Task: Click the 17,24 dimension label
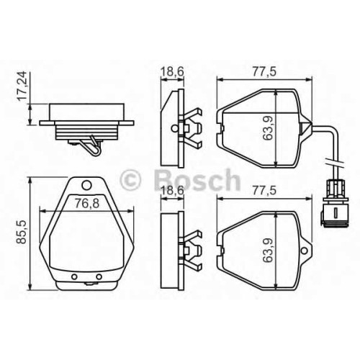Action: [22, 86]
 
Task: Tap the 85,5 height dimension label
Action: [22, 232]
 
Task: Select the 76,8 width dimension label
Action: [86, 204]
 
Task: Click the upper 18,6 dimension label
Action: [172, 71]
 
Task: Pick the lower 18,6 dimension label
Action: [172, 190]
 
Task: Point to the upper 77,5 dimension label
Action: [264, 71]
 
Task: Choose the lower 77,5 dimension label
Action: [264, 190]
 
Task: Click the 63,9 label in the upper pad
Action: [267, 128]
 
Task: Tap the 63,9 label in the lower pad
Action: [267, 250]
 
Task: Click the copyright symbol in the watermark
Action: [130, 180]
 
